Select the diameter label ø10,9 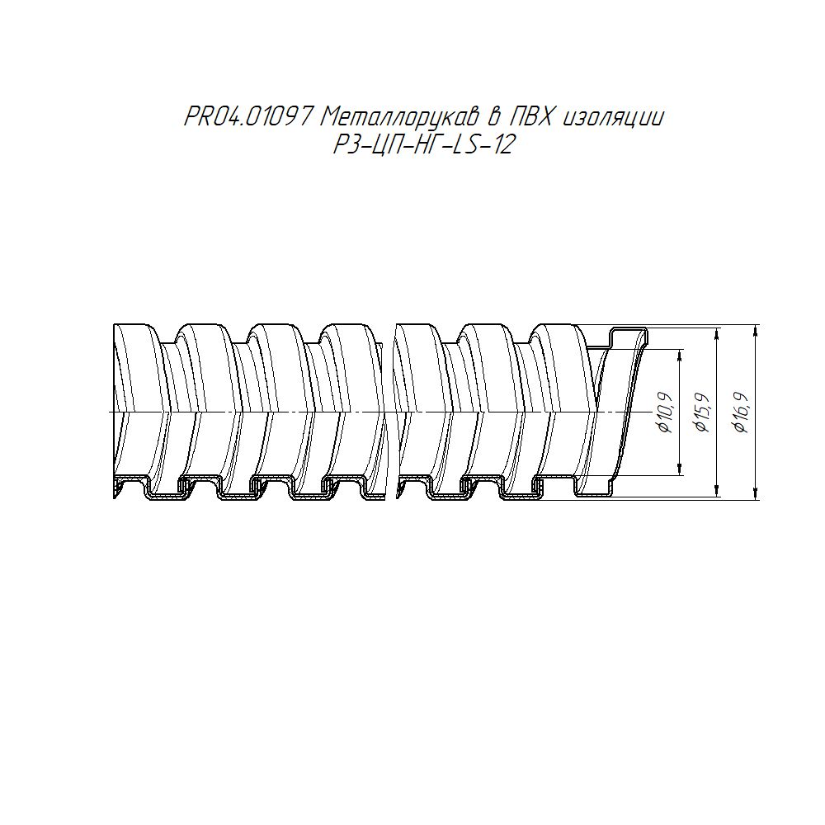click(665, 412)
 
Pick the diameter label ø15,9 click(702, 412)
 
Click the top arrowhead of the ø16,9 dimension click(756, 331)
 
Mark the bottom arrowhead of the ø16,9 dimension click(756, 494)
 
